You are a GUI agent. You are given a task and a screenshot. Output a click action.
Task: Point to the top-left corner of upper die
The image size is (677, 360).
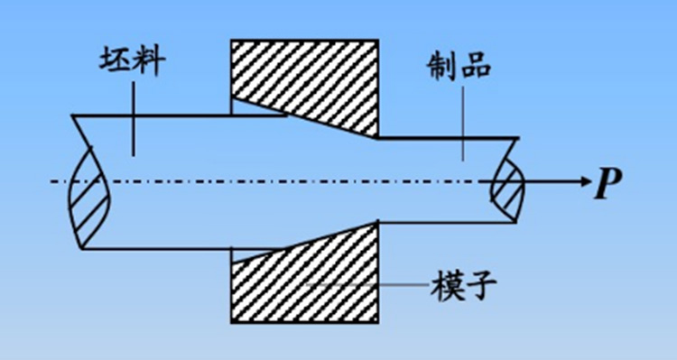pos(232,41)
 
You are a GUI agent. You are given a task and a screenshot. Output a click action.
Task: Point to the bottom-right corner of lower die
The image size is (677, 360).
pos(376,324)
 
